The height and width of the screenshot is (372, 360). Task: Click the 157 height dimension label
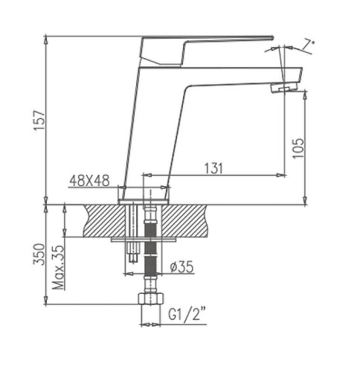coord(39,121)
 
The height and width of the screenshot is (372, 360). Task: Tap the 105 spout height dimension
coord(298,148)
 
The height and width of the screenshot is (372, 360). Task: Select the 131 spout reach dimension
coord(213,168)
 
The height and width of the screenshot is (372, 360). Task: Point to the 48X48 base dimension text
coord(89,181)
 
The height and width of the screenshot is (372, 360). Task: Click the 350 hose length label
coord(39,254)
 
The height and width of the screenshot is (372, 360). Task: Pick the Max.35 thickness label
coord(58,268)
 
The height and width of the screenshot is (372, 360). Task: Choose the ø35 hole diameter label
coord(181,267)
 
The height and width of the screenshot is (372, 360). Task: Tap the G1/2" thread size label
coord(187,315)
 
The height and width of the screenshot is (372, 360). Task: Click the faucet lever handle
coord(199,50)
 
